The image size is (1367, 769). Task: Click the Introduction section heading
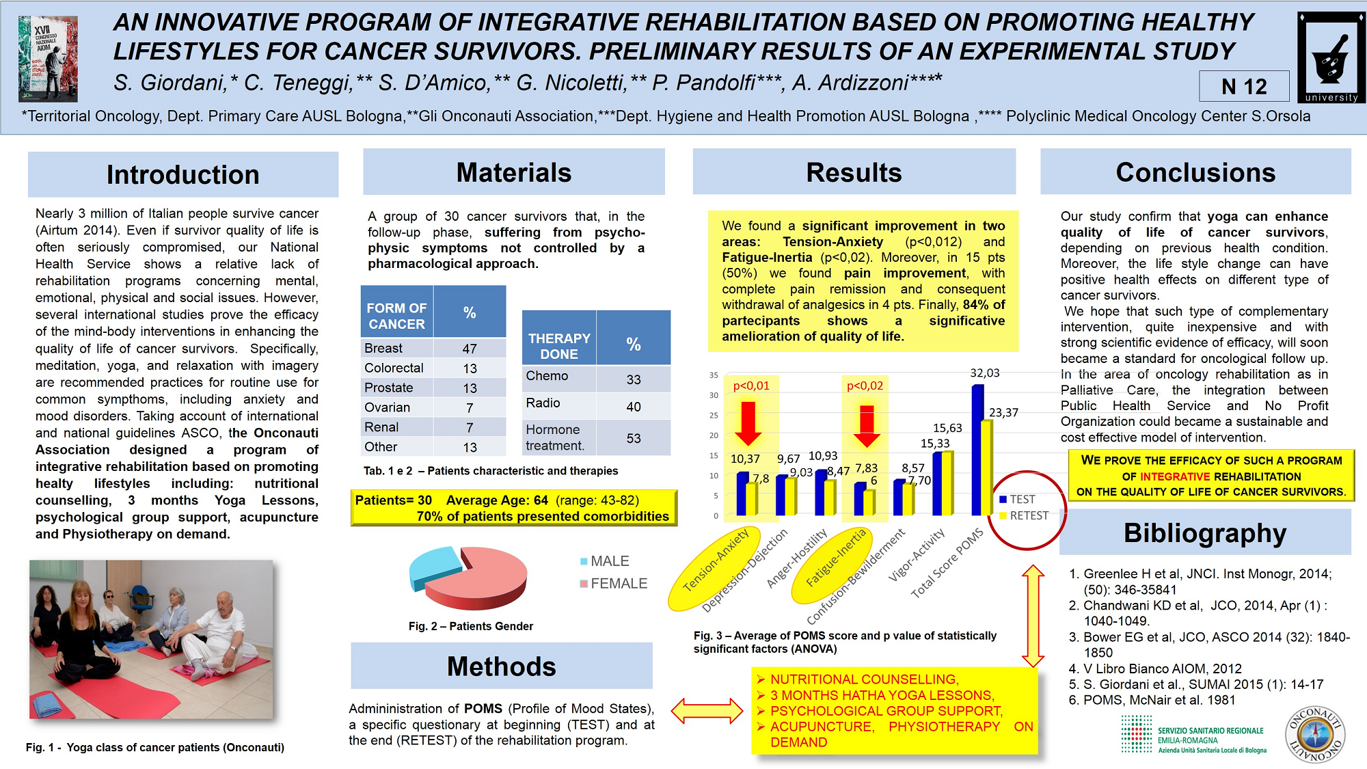tap(182, 174)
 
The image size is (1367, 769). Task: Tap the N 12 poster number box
tap(1244, 87)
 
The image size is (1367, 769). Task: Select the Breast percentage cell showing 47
tap(470, 349)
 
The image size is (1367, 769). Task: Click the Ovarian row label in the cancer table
tap(388, 407)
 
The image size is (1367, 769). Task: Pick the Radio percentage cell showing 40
tap(634, 407)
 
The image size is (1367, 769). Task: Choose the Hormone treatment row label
tap(555, 437)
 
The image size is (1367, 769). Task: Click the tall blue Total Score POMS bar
tap(977, 451)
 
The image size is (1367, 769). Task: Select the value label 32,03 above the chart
tap(984, 373)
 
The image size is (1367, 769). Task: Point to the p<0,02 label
tap(865, 386)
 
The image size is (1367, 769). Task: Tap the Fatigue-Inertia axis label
tap(835, 558)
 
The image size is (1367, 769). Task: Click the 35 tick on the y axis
tap(714, 375)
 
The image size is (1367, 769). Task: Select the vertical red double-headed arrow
tap(1033, 616)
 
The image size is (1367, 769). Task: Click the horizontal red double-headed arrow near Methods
tap(707, 711)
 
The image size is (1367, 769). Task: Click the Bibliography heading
tap(1204, 533)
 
